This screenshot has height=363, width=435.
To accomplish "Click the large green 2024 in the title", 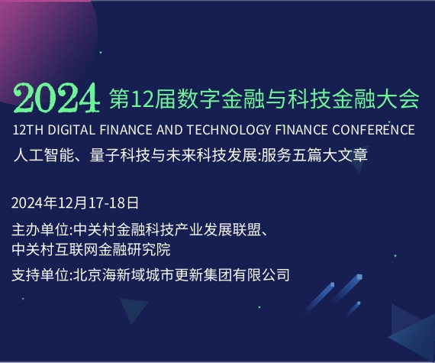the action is (56, 98).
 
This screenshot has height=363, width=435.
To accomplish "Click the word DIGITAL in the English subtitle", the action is (71, 130).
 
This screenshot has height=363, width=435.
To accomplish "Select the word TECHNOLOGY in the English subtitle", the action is (229, 130).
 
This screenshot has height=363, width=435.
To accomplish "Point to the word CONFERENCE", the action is (373, 130).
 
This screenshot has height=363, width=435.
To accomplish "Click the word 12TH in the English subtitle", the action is (27, 130).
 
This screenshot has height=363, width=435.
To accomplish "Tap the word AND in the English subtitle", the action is (169, 130).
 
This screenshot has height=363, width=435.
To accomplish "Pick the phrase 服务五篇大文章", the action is (314, 155).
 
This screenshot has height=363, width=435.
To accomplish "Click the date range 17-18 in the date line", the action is (107, 203).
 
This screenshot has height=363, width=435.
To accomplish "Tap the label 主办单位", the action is (40, 230).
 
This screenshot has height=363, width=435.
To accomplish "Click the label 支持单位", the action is (40, 275).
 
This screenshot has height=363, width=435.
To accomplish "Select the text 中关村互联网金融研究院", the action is (91, 249).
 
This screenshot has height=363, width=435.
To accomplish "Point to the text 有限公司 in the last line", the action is (261, 275).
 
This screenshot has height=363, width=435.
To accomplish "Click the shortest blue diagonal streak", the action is (353, 309).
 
